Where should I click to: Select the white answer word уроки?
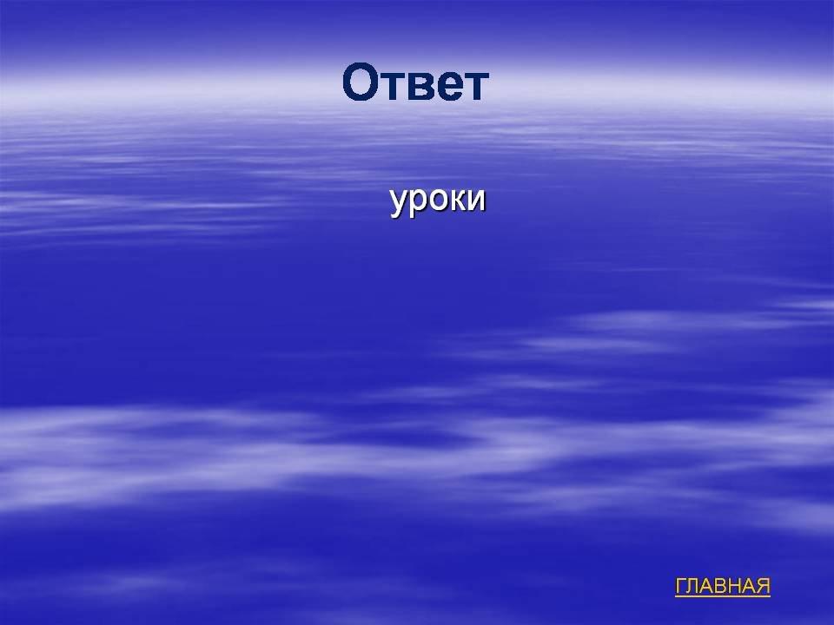click(438, 201)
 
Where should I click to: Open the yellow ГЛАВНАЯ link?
click(722, 586)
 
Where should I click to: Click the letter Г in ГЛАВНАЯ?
click(681, 586)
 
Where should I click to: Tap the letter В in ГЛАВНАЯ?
click(722, 586)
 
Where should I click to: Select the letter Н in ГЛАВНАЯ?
click(736, 586)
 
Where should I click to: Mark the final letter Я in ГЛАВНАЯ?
click(764, 586)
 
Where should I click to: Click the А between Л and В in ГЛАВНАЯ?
click(708, 586)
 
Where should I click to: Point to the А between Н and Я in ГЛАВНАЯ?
click(750, 586)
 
